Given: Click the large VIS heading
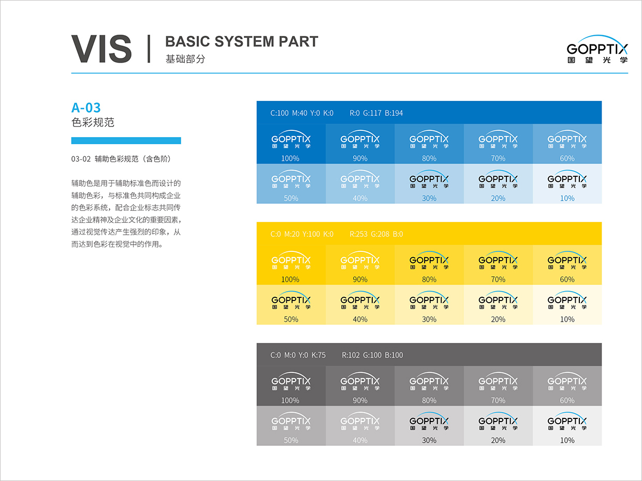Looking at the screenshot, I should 101,50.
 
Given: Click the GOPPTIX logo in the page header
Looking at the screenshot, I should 597,50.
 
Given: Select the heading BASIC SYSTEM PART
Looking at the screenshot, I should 241,41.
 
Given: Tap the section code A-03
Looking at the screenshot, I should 86,108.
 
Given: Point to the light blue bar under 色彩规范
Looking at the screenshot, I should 126,140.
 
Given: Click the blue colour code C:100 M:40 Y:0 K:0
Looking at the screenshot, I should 302,113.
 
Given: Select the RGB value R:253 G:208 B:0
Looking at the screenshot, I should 376,234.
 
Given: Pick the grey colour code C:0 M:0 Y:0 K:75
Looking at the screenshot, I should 298,355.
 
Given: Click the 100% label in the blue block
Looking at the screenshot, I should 290,158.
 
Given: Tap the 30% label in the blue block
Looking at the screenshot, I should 429,198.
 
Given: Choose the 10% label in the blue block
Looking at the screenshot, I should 567,198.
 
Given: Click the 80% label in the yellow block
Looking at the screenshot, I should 429,279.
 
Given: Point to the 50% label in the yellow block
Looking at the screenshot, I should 291,319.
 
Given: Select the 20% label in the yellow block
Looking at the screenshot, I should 498,319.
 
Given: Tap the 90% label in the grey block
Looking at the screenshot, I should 360,400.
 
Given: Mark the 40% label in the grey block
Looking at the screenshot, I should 360,440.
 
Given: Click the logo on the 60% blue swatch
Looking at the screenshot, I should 567,140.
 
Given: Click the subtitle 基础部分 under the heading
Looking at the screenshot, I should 185,59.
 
